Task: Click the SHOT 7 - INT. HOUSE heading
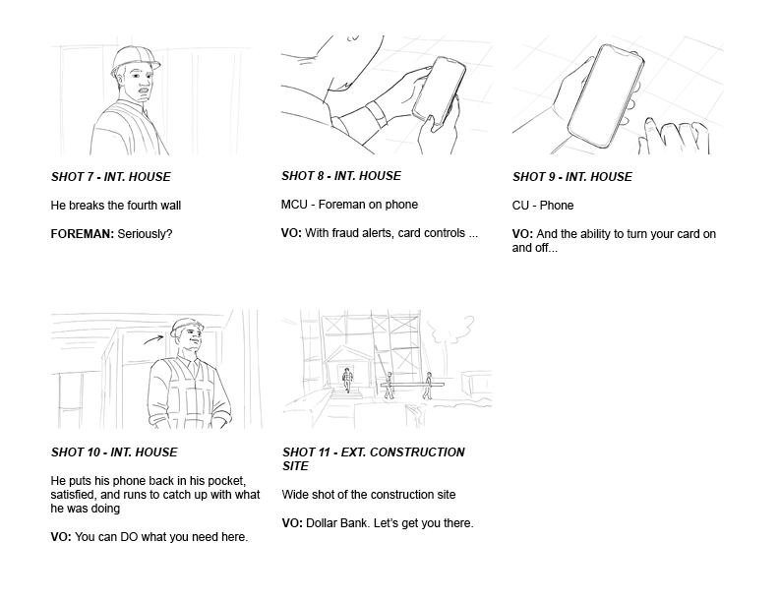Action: pos(111,177)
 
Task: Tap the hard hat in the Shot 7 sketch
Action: pos(135,58)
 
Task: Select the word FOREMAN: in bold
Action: pos(83,234)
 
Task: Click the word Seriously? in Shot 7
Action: pos(145,234)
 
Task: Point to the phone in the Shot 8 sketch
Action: pos(440,90)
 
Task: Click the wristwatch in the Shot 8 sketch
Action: pos(376,114)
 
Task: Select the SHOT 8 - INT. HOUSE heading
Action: pos(341,176)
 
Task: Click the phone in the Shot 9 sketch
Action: pos(606,96)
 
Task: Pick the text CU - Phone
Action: pos(543,206)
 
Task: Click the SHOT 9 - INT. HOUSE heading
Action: pos(572,177)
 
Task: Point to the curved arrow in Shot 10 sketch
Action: pos(153,338)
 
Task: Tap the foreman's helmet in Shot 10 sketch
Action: pos(186,327)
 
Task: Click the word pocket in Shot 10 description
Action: pos(226,481)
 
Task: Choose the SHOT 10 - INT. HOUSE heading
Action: pos(114,452)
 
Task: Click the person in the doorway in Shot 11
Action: pos(347,380)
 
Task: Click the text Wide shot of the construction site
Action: pos(369,495)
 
